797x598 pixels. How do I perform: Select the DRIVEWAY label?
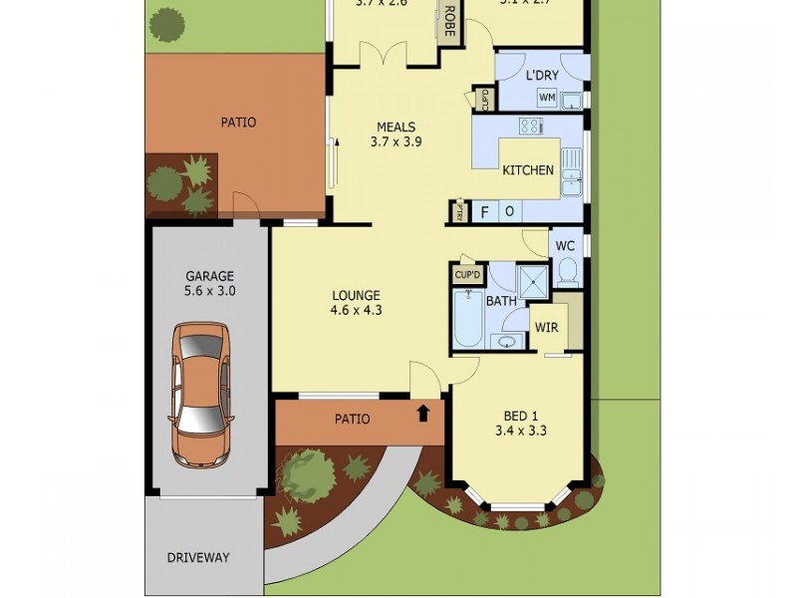(x=197, y=557)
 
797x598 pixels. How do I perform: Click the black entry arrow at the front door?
(x=423, y=412)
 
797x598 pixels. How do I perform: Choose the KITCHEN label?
(x=527, y=170)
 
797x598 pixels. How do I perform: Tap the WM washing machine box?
(x=546, y=98)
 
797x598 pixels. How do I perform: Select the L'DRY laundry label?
(x=542, y=76)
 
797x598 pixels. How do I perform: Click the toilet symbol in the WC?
(x=568, y=270)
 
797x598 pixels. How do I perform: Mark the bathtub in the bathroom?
(x=468, y=318)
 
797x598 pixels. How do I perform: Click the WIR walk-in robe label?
(x=546, y=327)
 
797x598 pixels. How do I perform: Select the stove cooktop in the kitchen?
(x=530, y=127)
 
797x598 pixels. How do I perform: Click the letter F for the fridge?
(x=485, y=212)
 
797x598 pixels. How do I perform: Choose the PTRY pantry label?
(x=459, y=211)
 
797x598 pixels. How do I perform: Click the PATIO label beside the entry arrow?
(x=352, y=419)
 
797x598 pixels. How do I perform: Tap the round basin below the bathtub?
(x=507, y=342)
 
